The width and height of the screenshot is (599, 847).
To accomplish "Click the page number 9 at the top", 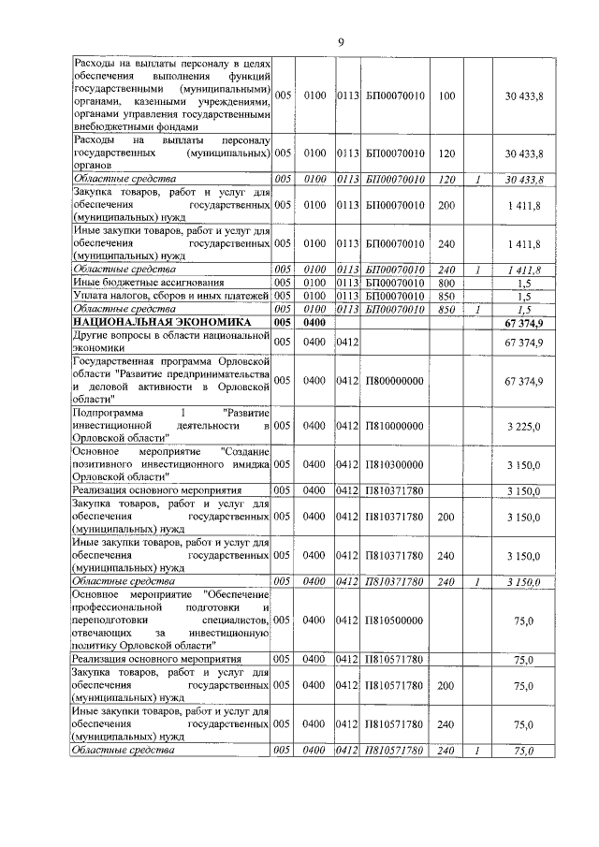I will [342, 42].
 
